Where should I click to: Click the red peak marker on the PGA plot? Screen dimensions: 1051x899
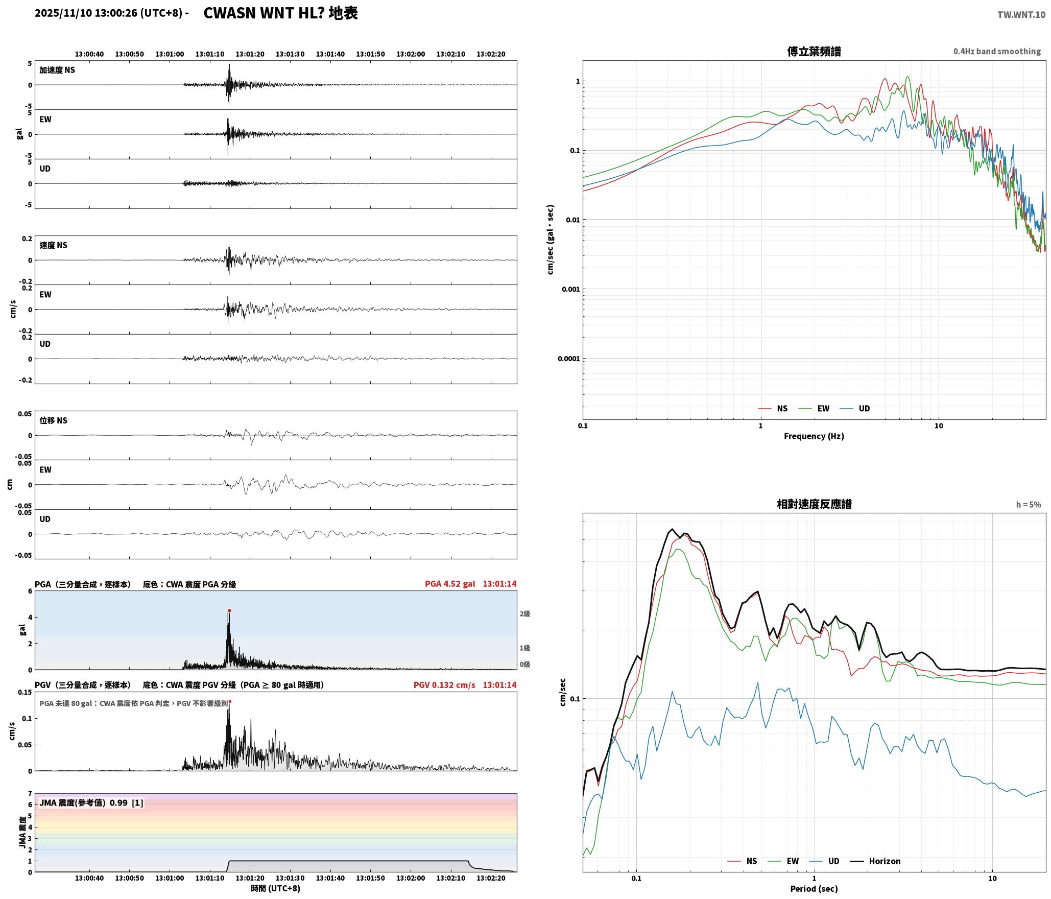(x=229, y=610)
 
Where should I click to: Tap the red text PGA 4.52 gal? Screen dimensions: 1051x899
(x=449, y=584)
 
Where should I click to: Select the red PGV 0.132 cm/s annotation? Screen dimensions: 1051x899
(x=444, y=685)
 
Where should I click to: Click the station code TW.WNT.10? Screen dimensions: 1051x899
(x=1021, y=15)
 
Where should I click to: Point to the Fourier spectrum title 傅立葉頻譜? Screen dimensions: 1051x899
(x=814, y=51)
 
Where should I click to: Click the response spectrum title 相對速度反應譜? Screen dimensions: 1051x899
(x=814, y=504)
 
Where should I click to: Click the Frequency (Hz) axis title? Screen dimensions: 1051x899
(x=814, y=436)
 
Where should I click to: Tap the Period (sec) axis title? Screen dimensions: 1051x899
(x=814, y=889)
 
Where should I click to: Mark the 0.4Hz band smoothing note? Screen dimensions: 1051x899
(x=997, y=51)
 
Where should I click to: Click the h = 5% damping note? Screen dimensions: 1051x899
(x=1029, y=505)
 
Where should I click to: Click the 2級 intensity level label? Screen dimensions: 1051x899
(x=525, y=613)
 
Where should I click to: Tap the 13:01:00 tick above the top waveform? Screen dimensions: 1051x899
(x=170, y=54)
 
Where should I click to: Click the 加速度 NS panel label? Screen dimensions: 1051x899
(x=57, y=70)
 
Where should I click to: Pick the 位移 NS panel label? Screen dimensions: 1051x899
(x=54, y=420)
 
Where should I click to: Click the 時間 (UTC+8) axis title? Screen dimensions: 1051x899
(x=275, y=888)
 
